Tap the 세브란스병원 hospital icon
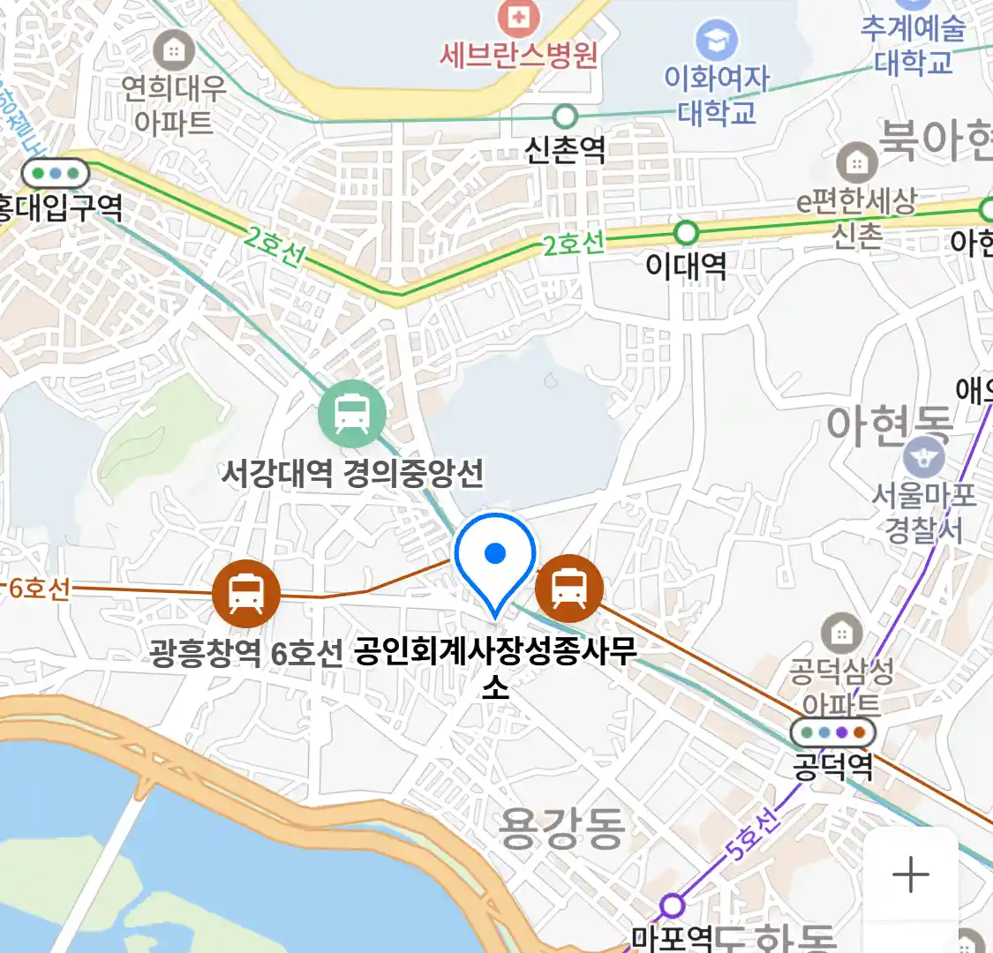(519, 15)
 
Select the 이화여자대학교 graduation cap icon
(716, 39)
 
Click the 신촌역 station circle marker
(565, 116)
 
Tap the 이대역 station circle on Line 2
(686, 233)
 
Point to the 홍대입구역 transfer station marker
(56, 172)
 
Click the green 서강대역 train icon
(352, 413)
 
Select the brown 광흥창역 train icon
(246, 592)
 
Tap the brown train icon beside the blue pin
(569, 588)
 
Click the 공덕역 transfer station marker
(832, 732)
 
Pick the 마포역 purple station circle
(673, 905)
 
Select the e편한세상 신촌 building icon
(855, 162)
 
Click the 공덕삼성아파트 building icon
(841, 632)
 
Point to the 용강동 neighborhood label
(562, 828)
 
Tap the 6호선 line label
(39, 588)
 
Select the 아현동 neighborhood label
(890, 425)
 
